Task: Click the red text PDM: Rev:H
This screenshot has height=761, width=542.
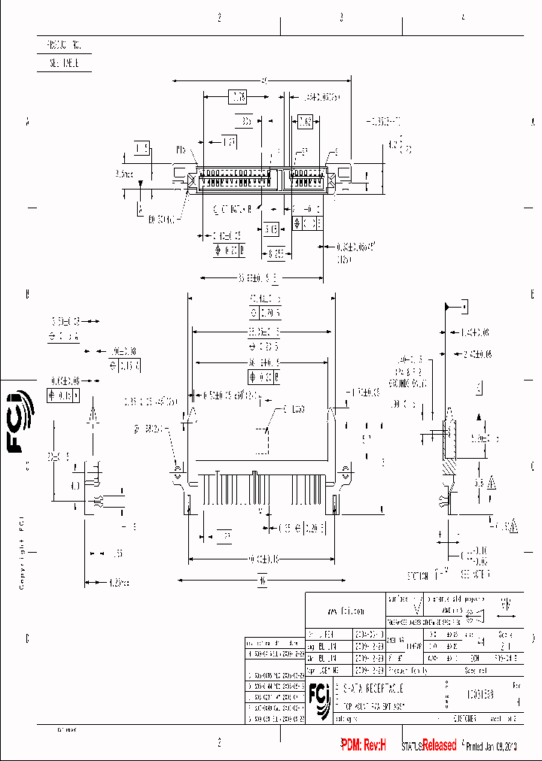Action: coord(363,744)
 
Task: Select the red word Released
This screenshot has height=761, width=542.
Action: coord(439,744)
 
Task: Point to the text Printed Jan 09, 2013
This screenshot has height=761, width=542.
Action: coord(496,745)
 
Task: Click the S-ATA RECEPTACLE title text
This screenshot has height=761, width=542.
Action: coord(373,688)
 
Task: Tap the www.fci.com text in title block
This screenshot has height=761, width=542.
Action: coord(346,611)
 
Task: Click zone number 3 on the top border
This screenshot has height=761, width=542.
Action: coord(341,16)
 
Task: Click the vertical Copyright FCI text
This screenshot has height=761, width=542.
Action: coord(22,552)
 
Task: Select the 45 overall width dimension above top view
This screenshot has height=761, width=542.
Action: coord(263,80)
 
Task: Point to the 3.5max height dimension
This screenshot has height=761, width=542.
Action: coord(124,174)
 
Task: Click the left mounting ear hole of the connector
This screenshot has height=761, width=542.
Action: coord(177,471)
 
